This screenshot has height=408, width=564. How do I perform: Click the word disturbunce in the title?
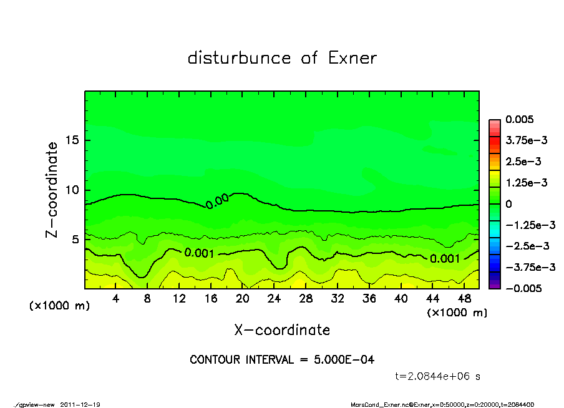click(239, 58)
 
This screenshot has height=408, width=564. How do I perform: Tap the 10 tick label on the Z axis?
click(73, 190)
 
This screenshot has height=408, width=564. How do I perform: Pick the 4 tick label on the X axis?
click(116, 299)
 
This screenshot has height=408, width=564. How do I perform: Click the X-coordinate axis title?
click(282, 329)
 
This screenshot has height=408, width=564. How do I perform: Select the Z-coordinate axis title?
click(52, 190)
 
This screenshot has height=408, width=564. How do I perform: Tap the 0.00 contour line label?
click(217, 201)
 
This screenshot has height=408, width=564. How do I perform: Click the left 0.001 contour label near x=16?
click(200, 253)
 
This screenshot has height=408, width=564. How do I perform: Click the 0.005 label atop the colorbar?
click(520, 119)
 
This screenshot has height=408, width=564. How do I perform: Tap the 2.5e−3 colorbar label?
click(523, 162)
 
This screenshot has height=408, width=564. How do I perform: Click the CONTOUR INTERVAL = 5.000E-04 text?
click(282, 359)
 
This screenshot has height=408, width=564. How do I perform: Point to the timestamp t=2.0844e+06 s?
click(438, 376)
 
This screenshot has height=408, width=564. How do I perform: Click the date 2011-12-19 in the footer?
click(80, 404)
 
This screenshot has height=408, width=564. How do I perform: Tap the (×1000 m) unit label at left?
click(57, 307)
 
